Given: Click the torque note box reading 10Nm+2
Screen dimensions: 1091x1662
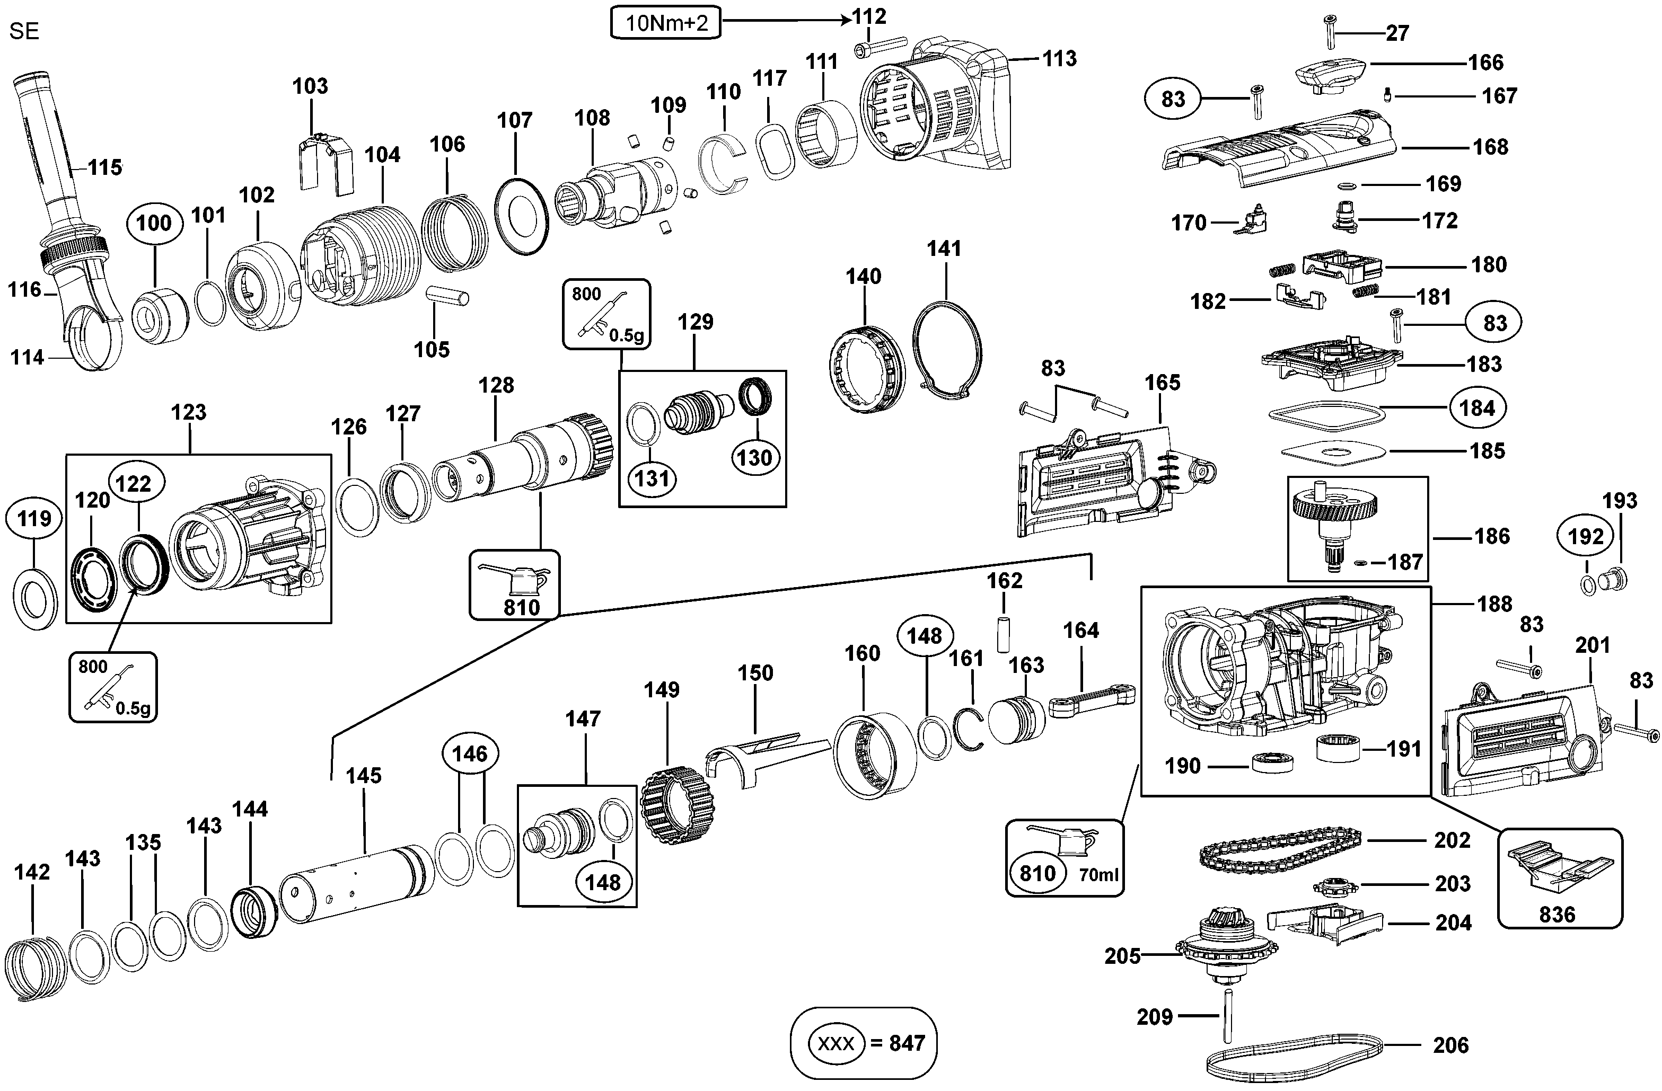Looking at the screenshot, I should click(x=665, y=23).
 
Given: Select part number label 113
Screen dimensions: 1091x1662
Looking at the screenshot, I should click(x=1059, y=59).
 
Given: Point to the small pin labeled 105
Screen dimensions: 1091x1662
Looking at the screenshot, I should click(x=447, y=295).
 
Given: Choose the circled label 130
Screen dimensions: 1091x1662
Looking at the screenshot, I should click(x=754, y=458).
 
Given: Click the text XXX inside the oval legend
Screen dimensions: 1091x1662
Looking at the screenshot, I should click(x=836, y=1043).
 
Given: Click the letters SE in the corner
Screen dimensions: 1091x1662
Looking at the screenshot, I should click(x=24, y=31).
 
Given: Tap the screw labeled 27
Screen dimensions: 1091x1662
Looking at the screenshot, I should click(x=1329, y=31).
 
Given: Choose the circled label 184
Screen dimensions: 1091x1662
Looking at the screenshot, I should click(x=1477, y=407).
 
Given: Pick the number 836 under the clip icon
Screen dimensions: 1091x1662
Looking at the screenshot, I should click(x=1557, y=915).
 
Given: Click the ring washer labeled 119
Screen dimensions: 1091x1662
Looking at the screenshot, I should click(x=35, y=598).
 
